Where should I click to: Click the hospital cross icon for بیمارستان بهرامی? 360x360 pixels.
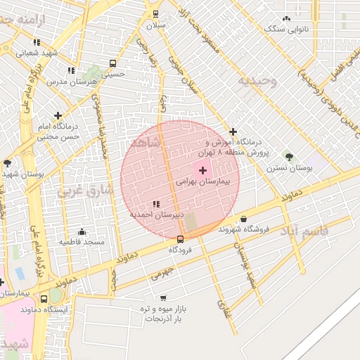[203, 170]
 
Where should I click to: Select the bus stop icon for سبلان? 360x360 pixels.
[155, 13]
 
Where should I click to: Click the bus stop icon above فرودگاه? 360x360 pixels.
[180, 239]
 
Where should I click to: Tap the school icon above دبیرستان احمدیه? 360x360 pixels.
[155, 203]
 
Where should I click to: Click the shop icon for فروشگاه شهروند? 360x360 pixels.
[243, 219]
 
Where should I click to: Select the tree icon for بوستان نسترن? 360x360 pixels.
[288, 156]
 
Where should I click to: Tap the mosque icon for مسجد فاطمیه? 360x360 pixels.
[82, 232]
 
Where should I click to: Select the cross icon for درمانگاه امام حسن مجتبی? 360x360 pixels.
[58, 115]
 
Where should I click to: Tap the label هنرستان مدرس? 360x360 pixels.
[71, 81]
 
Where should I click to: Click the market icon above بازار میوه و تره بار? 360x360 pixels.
[164, 298]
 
